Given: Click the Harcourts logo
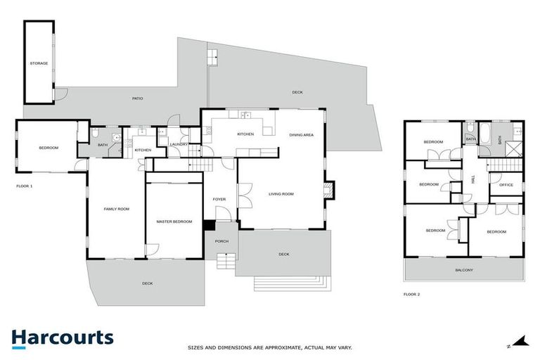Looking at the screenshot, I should pos(62,337).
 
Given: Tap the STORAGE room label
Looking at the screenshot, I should pos(39,63).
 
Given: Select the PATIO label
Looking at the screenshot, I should pos(137,98).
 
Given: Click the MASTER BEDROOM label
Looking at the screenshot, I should pos(174,221).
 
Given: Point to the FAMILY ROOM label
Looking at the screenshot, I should pos(117,209).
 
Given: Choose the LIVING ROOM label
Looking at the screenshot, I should pos(281,194).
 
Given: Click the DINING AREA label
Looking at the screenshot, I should pos(301,134).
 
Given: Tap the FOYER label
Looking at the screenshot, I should pos(219,199).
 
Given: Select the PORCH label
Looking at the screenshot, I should pos(221,242).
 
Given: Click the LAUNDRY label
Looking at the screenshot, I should pos(178,144).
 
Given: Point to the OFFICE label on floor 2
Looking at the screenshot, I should pos(506,185).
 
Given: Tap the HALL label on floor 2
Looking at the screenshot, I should pos(473,180).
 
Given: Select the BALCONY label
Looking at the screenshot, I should pos(463,270).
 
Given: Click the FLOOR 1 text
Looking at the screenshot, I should pos(25,186).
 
